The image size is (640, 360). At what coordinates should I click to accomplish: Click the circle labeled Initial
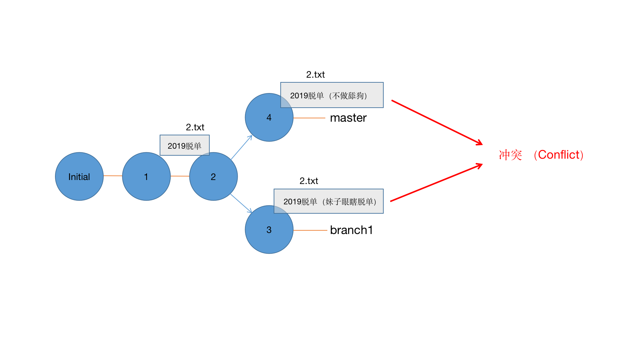(79, 176)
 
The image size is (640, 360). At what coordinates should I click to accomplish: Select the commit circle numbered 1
(146, 176)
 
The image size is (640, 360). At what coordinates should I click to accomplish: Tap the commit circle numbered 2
(213, 176)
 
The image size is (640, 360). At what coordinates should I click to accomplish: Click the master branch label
(348, 118)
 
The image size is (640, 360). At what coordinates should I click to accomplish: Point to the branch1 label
(351, 230)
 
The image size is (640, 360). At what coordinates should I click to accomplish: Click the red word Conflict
(560, 155)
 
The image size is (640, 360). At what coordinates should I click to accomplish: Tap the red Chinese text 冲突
(510, 155)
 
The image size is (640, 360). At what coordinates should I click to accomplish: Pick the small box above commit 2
(184, 145)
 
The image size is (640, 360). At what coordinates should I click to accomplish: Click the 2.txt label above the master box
(315, 74)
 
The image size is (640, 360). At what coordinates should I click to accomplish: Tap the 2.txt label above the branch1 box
(309, 181)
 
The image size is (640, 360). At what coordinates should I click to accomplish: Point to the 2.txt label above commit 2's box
(195, 127)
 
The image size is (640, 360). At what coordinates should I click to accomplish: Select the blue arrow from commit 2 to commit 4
(241, 147)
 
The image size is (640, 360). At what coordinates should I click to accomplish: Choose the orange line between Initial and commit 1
(113, 176)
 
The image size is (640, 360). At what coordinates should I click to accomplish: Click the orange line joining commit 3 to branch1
(310, 230)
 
